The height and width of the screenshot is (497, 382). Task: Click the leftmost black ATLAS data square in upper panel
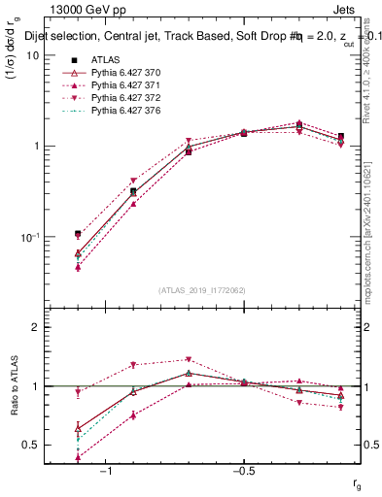point(78,234)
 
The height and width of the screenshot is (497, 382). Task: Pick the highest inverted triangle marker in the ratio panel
point(189,360)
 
